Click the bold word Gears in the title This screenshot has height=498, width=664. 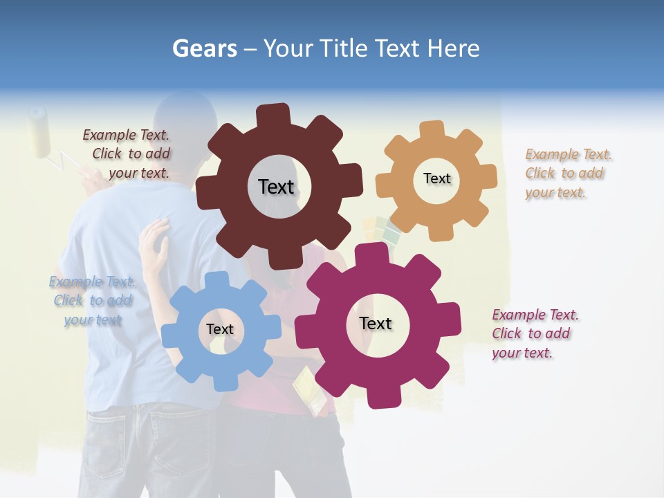tap(204, 48)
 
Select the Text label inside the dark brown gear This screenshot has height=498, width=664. tap(276, 187)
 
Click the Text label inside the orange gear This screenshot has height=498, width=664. tap(436, 178)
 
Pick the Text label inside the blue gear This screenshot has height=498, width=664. tap(220, 329)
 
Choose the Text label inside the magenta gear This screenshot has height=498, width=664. tap(376, 324)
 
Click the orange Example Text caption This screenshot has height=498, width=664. tap(567, 174)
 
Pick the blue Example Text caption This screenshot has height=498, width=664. tap(93, 301)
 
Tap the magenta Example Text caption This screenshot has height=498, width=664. tap(534, 334)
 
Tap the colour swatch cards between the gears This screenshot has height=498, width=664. tap(382, 232)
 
